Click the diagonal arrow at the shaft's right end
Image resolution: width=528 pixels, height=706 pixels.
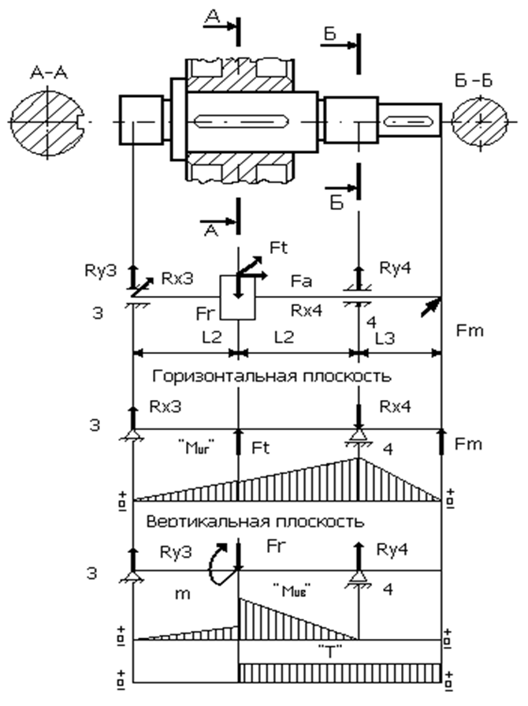coord(431,305)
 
